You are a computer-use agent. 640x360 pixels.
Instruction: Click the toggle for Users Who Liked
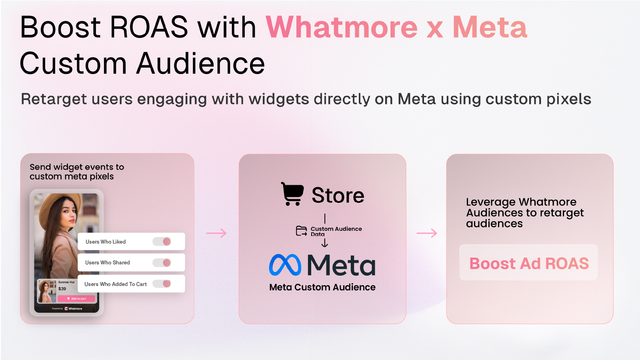162,242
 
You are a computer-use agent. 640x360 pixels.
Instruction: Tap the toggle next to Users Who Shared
162,262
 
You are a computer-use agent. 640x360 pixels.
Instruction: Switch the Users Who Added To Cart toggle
162,284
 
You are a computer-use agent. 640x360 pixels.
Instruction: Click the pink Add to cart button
76,298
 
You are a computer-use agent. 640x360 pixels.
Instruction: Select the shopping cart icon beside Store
292,194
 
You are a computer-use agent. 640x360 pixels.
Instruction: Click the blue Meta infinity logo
285,265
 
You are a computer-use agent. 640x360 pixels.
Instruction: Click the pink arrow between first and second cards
216,233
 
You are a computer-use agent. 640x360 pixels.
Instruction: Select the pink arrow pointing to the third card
427,233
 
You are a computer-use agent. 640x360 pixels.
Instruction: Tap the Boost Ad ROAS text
529,264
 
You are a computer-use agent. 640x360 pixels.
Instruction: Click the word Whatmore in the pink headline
342,27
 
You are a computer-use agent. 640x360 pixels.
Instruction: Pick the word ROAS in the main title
148,27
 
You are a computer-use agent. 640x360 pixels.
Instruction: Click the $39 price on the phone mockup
62,289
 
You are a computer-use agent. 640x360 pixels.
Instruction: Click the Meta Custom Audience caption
322,287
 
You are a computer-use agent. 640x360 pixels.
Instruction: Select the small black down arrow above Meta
324,243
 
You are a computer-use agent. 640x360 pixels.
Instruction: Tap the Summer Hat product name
66,282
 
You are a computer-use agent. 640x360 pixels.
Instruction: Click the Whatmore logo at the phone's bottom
74,308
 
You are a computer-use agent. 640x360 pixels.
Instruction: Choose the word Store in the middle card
338,196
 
